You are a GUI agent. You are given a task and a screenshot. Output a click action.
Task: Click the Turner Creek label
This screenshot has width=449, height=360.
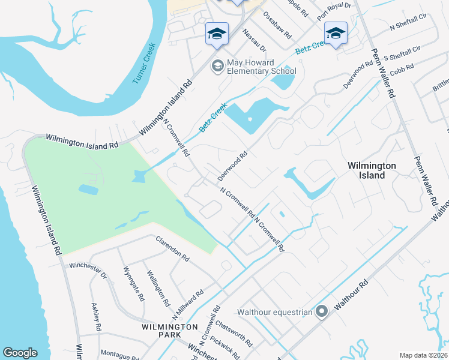144,63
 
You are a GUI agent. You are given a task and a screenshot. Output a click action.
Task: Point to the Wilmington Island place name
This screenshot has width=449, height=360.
373,170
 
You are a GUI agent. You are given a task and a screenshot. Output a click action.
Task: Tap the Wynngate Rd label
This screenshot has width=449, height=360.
133,284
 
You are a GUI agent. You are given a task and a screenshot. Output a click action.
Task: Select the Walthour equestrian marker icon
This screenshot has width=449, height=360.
322,311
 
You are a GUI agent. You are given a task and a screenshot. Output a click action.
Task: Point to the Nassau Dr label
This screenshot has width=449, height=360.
254,40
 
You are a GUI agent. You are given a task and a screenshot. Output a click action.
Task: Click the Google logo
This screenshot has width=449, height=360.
20,353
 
